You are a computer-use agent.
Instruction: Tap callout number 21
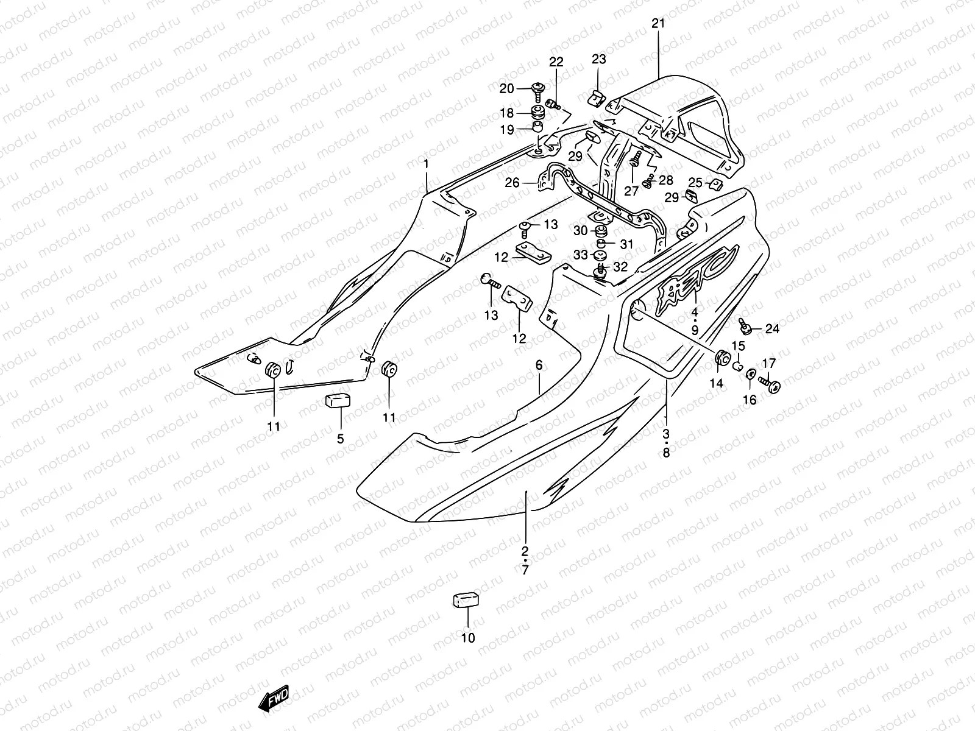659,24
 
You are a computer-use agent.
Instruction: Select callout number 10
468,638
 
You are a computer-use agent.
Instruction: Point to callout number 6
539,365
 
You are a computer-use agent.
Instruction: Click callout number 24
772,330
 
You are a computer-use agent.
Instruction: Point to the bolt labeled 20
539,90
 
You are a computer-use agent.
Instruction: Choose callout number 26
512,182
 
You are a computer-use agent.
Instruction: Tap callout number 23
599,58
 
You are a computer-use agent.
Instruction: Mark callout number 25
695,182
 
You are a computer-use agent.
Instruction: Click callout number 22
556,62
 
